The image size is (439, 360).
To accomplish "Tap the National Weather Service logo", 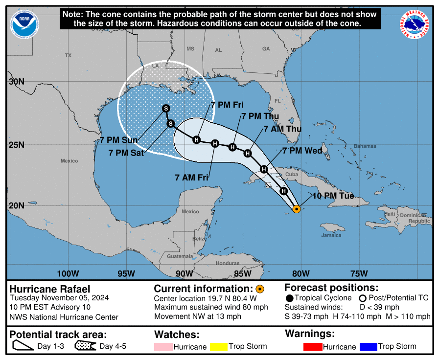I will click(415, 24).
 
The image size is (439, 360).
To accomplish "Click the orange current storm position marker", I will click(297, 209).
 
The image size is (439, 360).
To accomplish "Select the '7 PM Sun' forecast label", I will click(119, 140).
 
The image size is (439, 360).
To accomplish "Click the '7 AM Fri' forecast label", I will click(192, 178).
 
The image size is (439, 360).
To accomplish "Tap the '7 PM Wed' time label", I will click(302, 151).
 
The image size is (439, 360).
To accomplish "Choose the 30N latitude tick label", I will click(17, 81).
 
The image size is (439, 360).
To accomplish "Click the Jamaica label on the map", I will click(331, 235).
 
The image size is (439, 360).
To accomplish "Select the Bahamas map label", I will click(365, 146).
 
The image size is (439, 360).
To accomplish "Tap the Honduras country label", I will click(228, 263).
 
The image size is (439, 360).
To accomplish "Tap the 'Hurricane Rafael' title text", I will click(50, 289).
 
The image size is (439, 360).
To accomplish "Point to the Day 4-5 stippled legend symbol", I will click(86, 347).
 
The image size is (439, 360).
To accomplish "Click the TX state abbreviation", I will click(68, 56).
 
